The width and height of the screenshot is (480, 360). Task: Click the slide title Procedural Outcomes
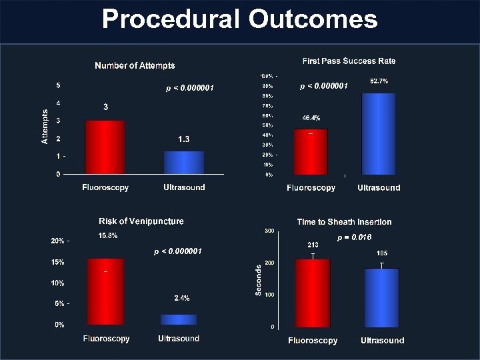pyautogui.click(x=240, y=19)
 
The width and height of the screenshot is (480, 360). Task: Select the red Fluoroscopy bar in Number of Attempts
pyautogui.click(x=105, y=147)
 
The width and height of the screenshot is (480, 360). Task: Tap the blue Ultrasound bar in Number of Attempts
pyautogui.click(x=184, y=163)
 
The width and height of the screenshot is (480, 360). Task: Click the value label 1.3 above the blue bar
pyautogui.click(x=184, y=139)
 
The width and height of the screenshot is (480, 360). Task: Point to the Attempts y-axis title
pyautogui.click(x=45, y=127)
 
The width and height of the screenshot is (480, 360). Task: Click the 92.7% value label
pyautogui.click(x=379, y=81)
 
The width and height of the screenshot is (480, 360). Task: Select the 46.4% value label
pyautogui.click(x=311, y=118)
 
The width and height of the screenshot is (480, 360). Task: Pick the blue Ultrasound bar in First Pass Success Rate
pyautogui.click(x=379, y=133)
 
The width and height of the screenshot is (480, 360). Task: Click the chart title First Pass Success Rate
pyautogui.click(x=349, y=61)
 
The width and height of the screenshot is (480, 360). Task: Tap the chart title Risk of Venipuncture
pyautogui.click(x=141, y=221)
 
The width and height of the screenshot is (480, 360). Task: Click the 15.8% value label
pyautogui.click(x=108, y=235)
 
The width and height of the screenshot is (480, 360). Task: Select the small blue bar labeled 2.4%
pyautogui.click(x=179, y=319)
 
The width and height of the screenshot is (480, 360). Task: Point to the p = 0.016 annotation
pyautogui.click(x=354, y=237)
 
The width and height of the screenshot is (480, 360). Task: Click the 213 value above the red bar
pyautogui.click(x=313, y=245)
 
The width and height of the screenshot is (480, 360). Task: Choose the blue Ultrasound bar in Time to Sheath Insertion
pyautogui.click(x=382, y=297)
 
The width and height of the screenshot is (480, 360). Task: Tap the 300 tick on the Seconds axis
pyautogui.click(x=269, y=231)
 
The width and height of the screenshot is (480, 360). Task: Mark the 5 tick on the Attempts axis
pyautogui.click(x=59, y=85)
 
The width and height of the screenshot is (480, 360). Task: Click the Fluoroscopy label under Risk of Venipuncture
pyautogui.click(x=107, y=339)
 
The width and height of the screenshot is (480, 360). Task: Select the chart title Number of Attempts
pyautogui.click(x=135, y=65)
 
